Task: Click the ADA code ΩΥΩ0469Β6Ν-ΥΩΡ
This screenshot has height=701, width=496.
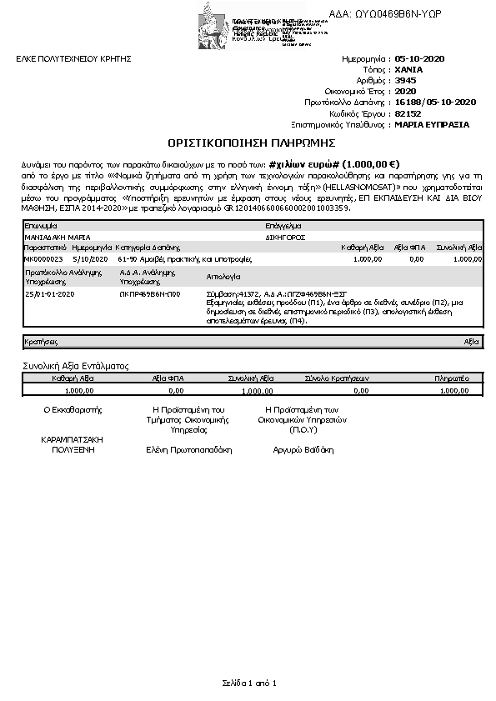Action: pos(397,14)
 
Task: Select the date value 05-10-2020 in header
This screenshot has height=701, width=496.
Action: pos(421,59)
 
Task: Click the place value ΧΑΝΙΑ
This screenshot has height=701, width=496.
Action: pos(408,70)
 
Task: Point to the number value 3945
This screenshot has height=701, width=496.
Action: pos(405,81)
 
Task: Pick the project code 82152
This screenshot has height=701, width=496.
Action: pos(408,113)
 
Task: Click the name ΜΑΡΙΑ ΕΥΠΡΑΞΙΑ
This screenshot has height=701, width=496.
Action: pos(432,124)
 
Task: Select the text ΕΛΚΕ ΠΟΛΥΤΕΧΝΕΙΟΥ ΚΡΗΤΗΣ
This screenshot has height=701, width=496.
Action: pos(74,59)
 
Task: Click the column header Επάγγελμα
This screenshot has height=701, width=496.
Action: pos(282,226)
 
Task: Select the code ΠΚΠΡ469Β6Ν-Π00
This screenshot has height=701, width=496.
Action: pos(150,294)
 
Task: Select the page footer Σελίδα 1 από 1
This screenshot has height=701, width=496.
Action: pos(248,683)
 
